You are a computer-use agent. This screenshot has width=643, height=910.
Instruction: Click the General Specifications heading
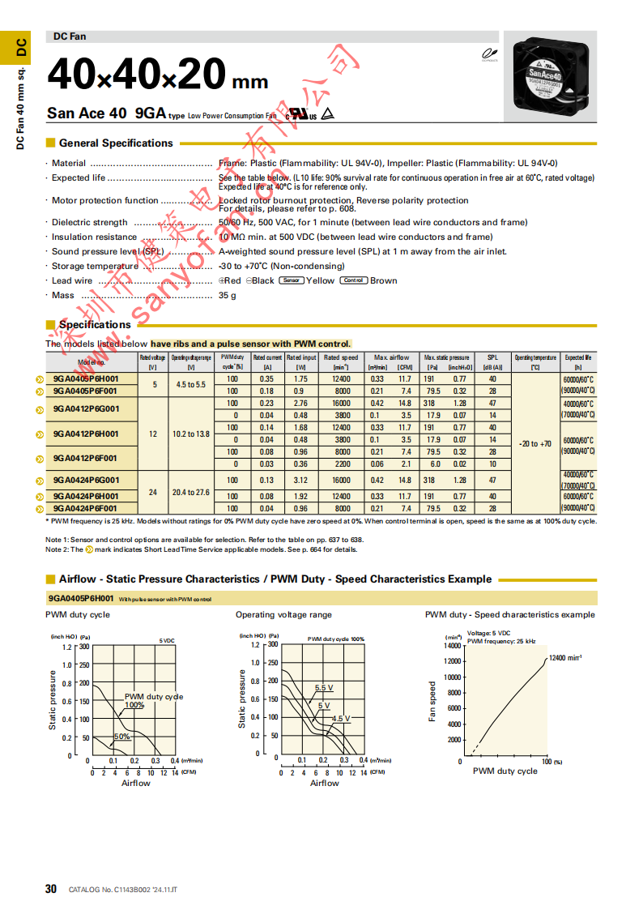coord(116,143)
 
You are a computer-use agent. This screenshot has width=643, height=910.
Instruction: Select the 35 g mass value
coord(228,296)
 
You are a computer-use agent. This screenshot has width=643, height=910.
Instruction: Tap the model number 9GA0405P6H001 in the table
coord(86,379)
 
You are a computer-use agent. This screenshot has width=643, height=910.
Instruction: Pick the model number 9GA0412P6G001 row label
coord(86,409)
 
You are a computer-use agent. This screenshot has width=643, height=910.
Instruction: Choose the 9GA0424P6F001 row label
coord(86,508)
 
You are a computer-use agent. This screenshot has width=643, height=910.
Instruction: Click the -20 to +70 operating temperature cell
coord(535,443)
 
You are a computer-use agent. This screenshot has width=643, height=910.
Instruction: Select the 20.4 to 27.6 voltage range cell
coord(191,492)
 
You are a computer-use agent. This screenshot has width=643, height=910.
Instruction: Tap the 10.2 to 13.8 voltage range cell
coord(191,434)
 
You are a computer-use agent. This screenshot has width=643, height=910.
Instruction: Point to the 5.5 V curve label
coord(324,688)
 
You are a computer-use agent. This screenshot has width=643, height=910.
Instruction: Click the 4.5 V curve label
coord(341,719)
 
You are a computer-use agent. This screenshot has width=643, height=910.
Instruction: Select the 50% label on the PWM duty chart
coord(121,737)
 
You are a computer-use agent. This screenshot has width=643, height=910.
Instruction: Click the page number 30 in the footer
coord(51,889)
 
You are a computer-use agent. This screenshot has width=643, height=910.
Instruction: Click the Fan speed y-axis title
coord(432,702)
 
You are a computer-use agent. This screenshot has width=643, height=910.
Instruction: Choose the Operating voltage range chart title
coord(283,615)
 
